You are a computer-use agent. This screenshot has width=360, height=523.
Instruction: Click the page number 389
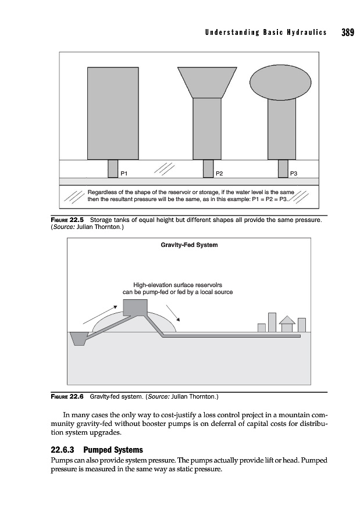(x=347, y=32)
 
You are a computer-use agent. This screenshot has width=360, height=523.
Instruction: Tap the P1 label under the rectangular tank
(x=124, y=173)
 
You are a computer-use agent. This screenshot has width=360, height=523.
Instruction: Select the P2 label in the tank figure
(x=219, y=173)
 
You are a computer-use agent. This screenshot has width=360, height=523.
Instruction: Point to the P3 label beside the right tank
(x=294, y=173)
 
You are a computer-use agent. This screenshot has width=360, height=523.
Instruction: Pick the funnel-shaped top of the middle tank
(x=206, y=81)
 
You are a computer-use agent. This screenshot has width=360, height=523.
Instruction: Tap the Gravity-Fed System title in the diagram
(x=189, y=245)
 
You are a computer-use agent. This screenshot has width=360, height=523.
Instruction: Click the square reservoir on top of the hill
(x=134, y=306)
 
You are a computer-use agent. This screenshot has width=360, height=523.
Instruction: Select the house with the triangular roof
(x=287, y=324)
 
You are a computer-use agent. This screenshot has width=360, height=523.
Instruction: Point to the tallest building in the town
(x=272, y=322)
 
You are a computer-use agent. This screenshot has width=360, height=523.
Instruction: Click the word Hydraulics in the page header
(x=304, y=33)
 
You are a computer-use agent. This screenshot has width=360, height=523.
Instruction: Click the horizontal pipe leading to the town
(x=233, y=336)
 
